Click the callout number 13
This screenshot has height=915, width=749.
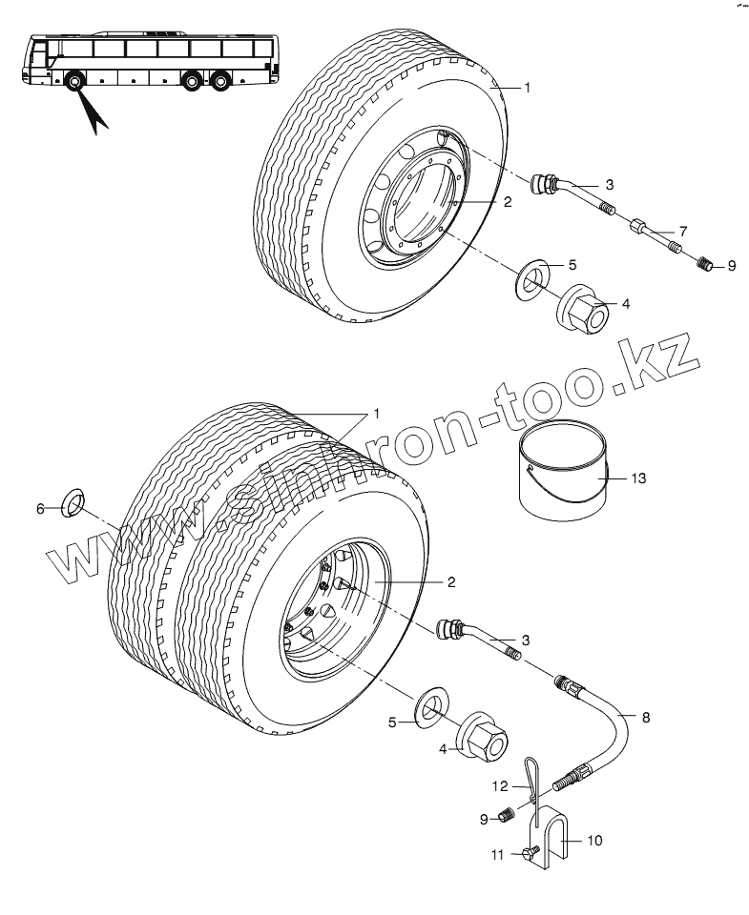click(x=638, y=478)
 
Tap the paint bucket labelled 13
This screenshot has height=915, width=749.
click(x=561, y=473)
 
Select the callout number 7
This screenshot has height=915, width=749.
click(x=682, y=232)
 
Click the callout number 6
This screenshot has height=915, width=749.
click(x=40, y=509)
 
